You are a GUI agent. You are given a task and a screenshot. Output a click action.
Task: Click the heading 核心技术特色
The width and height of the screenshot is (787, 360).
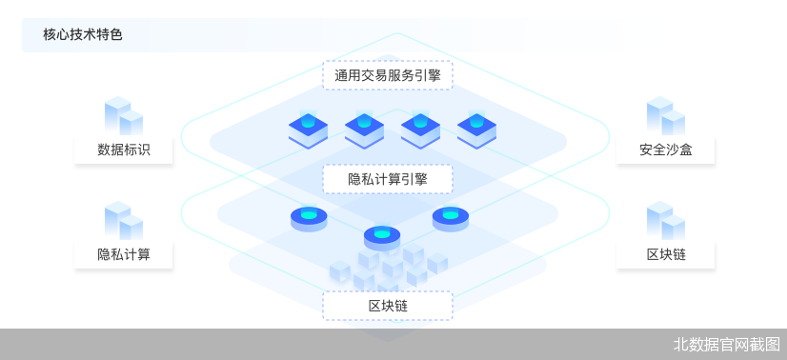(x=83, y=35)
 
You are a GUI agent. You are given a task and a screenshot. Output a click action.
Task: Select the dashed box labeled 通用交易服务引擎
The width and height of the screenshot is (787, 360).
(x=388, y=74)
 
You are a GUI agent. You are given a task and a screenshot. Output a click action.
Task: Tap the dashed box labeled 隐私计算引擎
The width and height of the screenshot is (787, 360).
(x=388, y=178)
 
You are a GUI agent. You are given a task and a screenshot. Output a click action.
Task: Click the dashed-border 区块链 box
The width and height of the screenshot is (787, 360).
(x=388, y=305)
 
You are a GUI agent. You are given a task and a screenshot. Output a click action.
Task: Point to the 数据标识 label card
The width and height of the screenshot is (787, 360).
(x=124, y=150)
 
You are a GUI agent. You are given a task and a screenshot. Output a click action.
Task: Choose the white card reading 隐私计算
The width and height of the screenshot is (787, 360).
(x=124, y=254)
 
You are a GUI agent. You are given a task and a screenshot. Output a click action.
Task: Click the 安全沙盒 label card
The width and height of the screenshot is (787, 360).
(x=665, y=150)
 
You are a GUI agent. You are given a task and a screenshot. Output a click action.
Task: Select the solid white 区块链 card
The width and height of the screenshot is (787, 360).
(x=665, y=254)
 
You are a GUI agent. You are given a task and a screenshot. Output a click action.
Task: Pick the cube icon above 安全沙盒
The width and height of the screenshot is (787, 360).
(x=665, y=115)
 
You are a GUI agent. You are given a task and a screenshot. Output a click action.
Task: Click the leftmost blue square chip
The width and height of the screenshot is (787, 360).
(x=308, y=130)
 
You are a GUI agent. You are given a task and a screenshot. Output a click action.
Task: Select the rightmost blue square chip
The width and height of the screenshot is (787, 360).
(x=476, y=130)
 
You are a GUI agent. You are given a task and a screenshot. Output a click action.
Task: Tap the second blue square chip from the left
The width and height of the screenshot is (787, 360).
(x=364, y=130)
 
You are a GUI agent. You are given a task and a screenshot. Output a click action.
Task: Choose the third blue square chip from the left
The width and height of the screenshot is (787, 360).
(x=420, y=130)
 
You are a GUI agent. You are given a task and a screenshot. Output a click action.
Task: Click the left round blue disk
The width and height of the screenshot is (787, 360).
(x=309, y=218)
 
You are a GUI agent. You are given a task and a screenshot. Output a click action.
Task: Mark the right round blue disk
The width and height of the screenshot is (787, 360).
(x=451, y=218)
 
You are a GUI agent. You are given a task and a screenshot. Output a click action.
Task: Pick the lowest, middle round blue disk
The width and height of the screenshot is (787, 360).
(x=382, y=236)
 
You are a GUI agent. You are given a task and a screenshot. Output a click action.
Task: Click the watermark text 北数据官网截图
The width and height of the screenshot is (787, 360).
(x=727, y=345)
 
